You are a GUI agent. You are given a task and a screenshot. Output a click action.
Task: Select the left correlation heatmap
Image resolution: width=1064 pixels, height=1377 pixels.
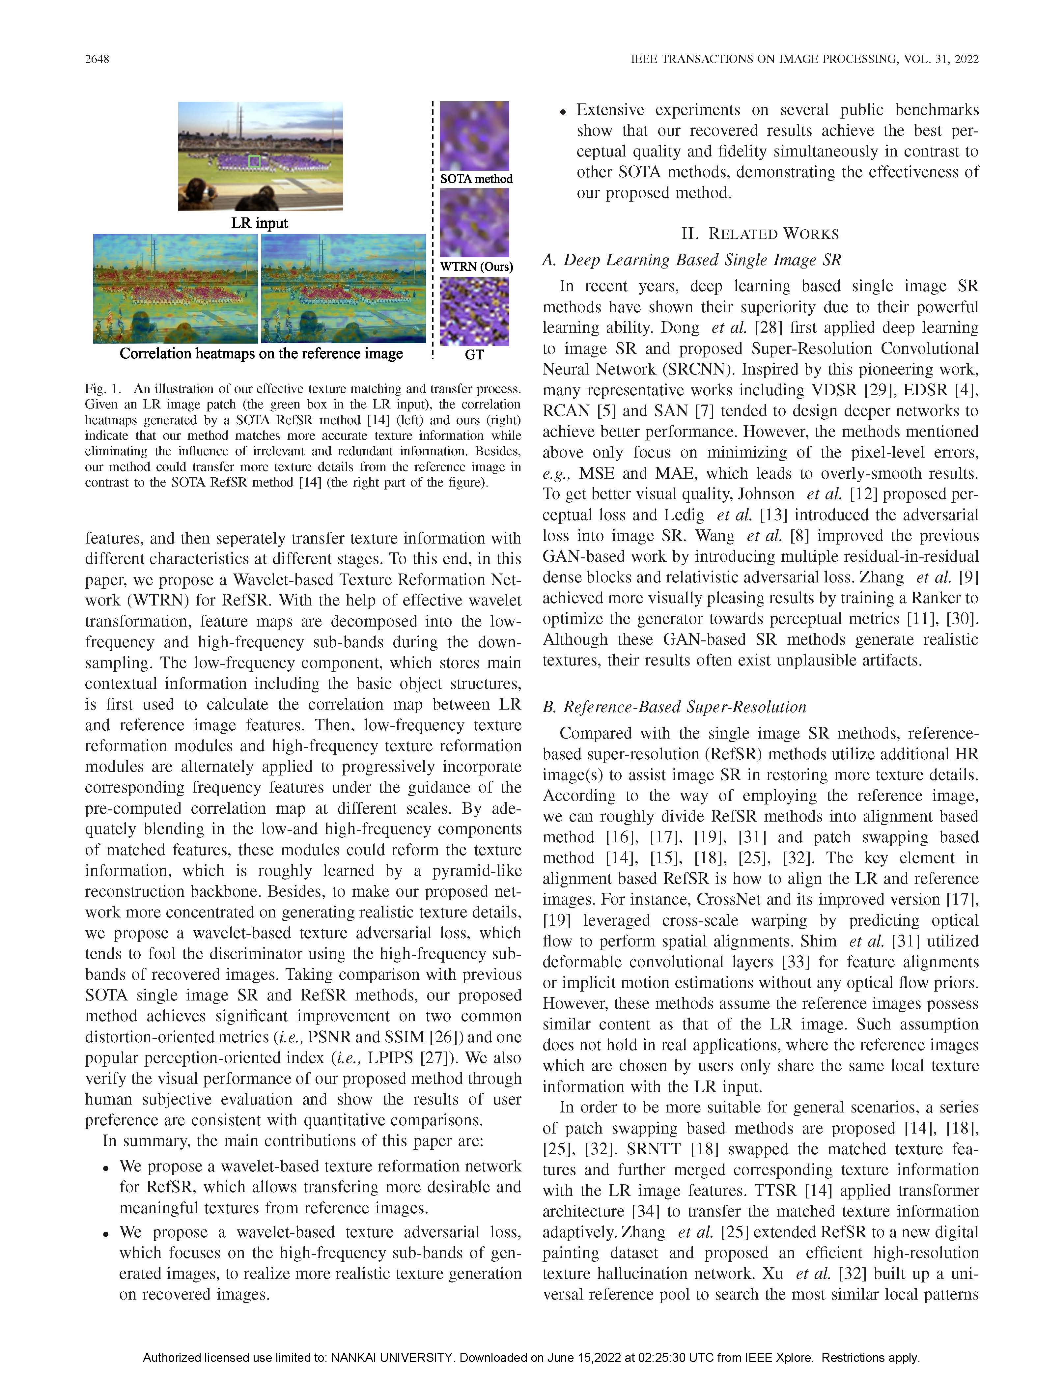pos(175,289)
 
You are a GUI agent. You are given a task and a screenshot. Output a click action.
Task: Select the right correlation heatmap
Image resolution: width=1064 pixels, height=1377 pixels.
pos(344,289)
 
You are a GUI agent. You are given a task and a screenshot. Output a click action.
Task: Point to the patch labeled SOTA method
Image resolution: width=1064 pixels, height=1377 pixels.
pos(474,135)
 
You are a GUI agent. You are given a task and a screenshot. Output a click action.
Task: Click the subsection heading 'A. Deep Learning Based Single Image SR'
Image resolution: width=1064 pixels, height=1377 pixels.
pos(691,260)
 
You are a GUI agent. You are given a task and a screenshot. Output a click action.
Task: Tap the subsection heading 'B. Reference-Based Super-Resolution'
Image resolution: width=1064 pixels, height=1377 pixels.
pos(674,707)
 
